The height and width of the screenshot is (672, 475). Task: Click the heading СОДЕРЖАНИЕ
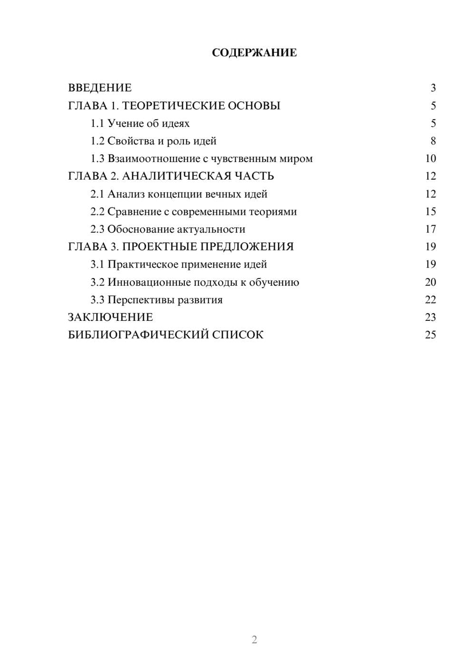tap(254, 53)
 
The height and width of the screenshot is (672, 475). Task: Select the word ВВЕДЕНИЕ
tap(100, 88)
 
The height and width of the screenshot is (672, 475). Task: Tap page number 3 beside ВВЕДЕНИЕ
tap(433, 88)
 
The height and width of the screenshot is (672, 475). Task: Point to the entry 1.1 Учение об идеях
tap(140, 124)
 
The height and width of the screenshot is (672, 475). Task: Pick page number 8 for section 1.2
tap(433, 141)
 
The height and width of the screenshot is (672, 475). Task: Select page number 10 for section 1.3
tap(430, 159)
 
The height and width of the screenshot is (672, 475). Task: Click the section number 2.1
tap(97, 194)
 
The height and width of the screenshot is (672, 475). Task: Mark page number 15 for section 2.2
tap(430, 211)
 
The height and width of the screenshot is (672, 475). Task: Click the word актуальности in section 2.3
tap(211, 230)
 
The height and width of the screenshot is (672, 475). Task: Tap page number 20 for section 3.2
tap(430, 282)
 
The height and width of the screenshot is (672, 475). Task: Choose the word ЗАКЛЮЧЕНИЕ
tap(110, 317)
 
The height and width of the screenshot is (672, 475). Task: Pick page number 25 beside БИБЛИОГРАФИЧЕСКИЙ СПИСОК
tap(430, 335)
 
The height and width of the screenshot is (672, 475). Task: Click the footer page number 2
tap(254, 640)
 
